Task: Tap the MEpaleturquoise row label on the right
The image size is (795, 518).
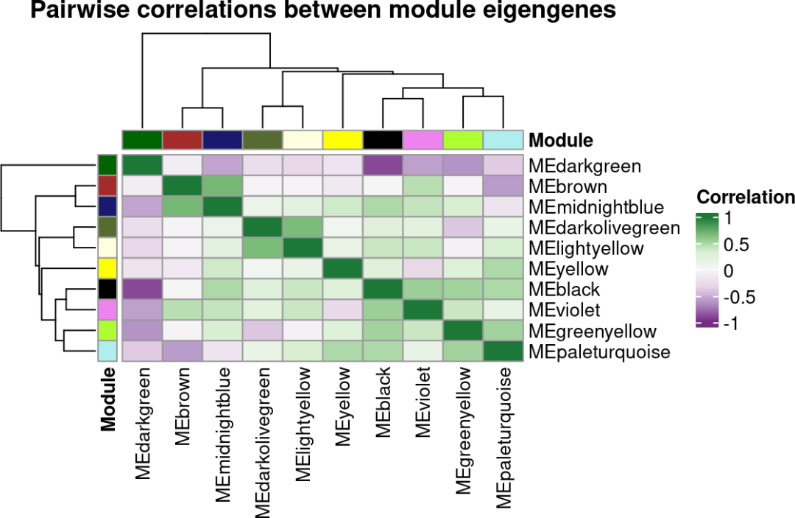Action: (599, 351)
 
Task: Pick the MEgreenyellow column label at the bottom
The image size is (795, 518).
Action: (463, 432)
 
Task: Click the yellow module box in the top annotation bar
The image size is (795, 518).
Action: (342, 139)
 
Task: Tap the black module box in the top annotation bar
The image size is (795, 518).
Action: (383, 139)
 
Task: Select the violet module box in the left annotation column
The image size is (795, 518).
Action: (107, 310)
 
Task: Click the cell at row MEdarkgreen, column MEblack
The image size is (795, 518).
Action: (383, 166)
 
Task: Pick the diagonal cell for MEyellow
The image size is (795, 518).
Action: (342, 269)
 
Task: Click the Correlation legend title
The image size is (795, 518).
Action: (745, 197)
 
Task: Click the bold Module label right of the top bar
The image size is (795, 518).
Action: (562, 140)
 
